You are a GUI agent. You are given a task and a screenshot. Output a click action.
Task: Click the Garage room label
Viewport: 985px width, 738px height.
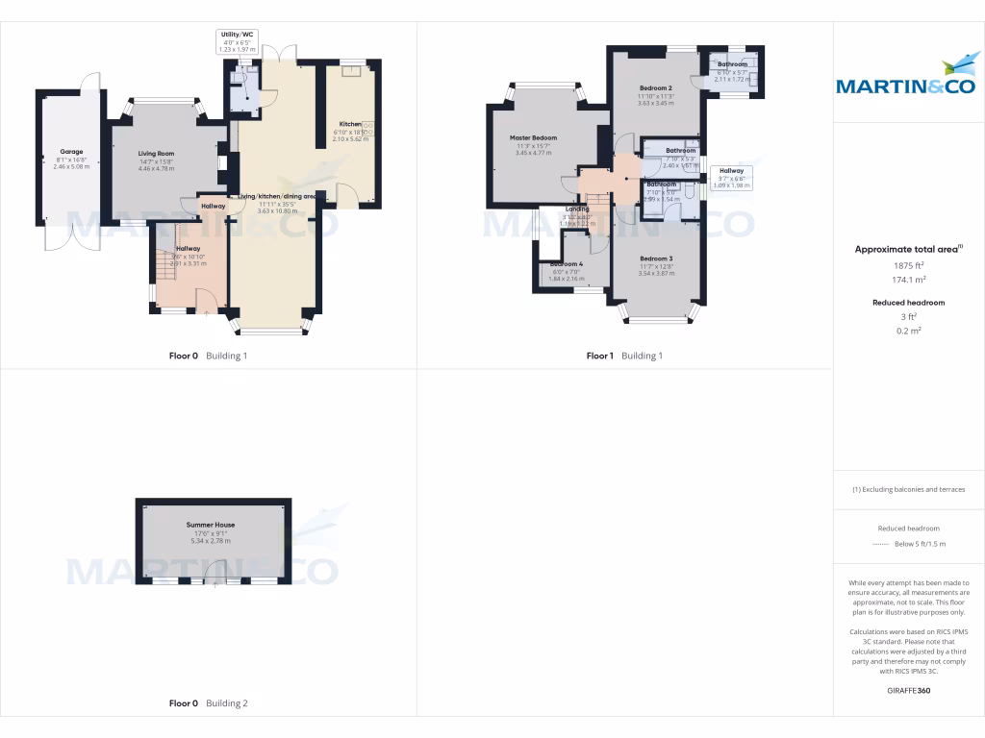(70, 151)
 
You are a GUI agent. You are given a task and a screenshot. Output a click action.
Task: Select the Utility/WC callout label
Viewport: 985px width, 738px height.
(237, 34)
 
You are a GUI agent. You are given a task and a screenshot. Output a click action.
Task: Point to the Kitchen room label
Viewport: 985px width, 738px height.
(349, 124)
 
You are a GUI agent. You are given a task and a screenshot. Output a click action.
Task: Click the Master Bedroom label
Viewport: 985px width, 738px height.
(533, 138)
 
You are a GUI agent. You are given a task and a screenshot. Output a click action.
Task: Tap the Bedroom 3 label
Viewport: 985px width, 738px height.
(655, 258)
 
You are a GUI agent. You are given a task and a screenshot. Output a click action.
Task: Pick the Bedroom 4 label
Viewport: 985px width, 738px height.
(566, 264)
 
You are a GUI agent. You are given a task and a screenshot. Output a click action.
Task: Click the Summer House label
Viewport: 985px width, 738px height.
(211, 525)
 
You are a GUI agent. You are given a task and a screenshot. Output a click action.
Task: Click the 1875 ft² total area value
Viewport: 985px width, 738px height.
(907, 265)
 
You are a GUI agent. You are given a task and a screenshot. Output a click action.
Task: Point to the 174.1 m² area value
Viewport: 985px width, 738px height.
(907, 280)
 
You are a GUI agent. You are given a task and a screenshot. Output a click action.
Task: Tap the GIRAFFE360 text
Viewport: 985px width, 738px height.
(909, 690)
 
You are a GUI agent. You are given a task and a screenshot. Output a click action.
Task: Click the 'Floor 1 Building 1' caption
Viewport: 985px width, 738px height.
(624, 356)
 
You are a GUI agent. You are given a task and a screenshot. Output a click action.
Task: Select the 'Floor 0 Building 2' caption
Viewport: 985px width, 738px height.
(208, 703)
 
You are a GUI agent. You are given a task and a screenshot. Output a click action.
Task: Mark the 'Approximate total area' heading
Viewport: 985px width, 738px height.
(907, 249)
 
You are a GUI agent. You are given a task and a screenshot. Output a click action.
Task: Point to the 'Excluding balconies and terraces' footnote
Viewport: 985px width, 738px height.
(908, 489)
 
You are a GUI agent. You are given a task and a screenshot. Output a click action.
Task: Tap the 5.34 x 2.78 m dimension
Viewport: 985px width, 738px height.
(211, 540)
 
